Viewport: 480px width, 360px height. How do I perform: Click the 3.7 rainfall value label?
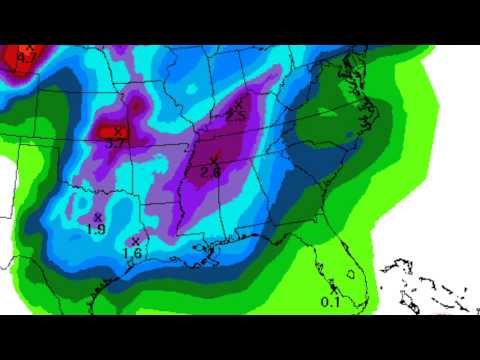(115, 144)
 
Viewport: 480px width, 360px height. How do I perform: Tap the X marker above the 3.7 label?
(119, 132)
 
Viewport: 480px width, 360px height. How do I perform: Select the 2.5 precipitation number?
(237, 117)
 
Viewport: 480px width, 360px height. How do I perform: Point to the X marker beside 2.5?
(238, 106)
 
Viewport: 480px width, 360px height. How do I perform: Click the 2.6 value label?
(210, 171)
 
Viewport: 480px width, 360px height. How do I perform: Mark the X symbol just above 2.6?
(213, 158)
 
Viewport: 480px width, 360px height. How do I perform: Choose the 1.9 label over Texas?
(97, 229)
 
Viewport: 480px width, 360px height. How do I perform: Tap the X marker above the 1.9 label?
(98, 217)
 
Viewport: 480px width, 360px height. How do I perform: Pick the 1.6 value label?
(131, 253)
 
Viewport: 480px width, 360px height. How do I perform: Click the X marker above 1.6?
(135, 241)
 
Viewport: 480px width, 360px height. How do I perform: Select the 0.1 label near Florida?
(330, 302)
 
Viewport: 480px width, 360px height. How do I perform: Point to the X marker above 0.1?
(334, 290)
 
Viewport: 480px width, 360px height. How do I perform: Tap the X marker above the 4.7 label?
(30, 48)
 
